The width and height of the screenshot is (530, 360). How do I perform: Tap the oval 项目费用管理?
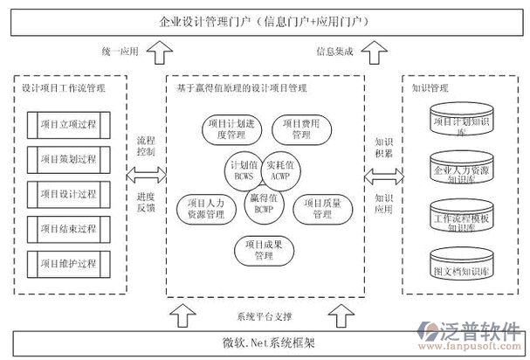[300, 130]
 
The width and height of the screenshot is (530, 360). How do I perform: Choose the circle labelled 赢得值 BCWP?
[262, 203]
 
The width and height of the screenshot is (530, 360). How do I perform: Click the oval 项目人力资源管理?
[206, 208]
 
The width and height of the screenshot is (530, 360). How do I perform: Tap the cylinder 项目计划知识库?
[460, 123]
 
